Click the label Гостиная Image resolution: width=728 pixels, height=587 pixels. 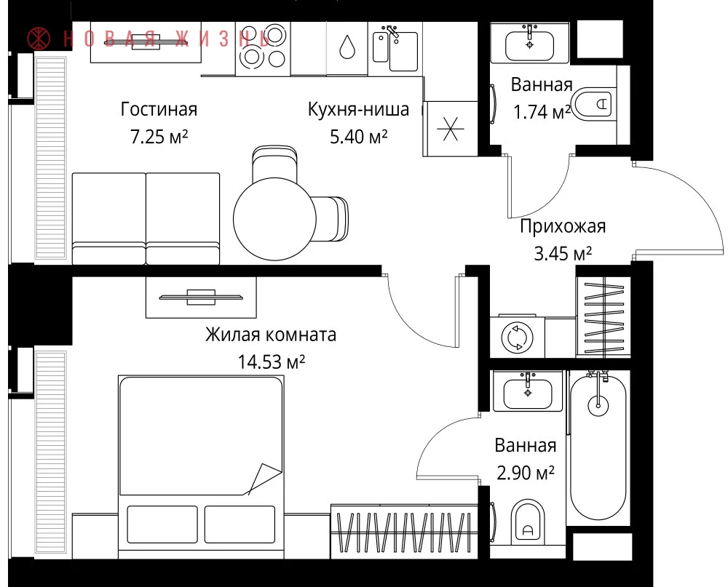click(159, 110)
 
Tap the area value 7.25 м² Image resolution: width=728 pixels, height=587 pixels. click(159, 137)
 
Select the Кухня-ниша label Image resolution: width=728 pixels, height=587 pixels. click(358, 110)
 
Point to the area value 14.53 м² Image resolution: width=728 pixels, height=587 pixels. click(271, 362)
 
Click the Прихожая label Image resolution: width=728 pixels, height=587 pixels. click(563, 226)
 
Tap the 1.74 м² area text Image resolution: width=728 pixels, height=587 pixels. click(542, 112)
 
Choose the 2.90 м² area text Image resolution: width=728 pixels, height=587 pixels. click(525, 473)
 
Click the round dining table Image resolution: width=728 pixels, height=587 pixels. click(275, 219)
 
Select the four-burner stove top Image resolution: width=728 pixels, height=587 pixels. click(263, 48)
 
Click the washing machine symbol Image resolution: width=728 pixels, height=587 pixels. click(517, 337)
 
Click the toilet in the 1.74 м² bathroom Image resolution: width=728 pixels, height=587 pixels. click(593, 104)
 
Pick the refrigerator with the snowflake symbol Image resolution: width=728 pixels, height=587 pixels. click(451, 129)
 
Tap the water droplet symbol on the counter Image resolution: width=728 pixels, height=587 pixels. click(347, 47)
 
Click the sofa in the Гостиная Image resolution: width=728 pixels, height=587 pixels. click(146, 218)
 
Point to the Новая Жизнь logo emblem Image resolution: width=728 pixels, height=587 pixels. click(39, 39)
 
